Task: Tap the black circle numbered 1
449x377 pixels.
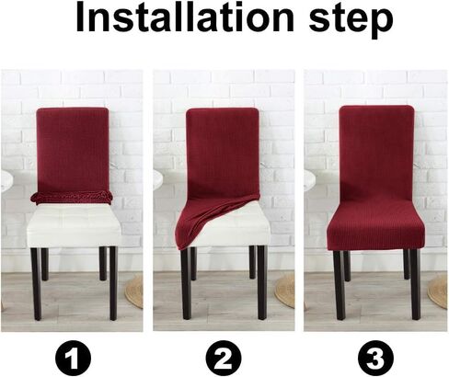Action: pos(73,354)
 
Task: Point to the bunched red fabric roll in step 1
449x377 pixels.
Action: pos(72,196)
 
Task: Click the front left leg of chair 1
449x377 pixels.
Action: pos(35,280)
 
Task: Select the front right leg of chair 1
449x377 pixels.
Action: pos(113,280)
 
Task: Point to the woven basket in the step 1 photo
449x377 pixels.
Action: pos(135,291)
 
